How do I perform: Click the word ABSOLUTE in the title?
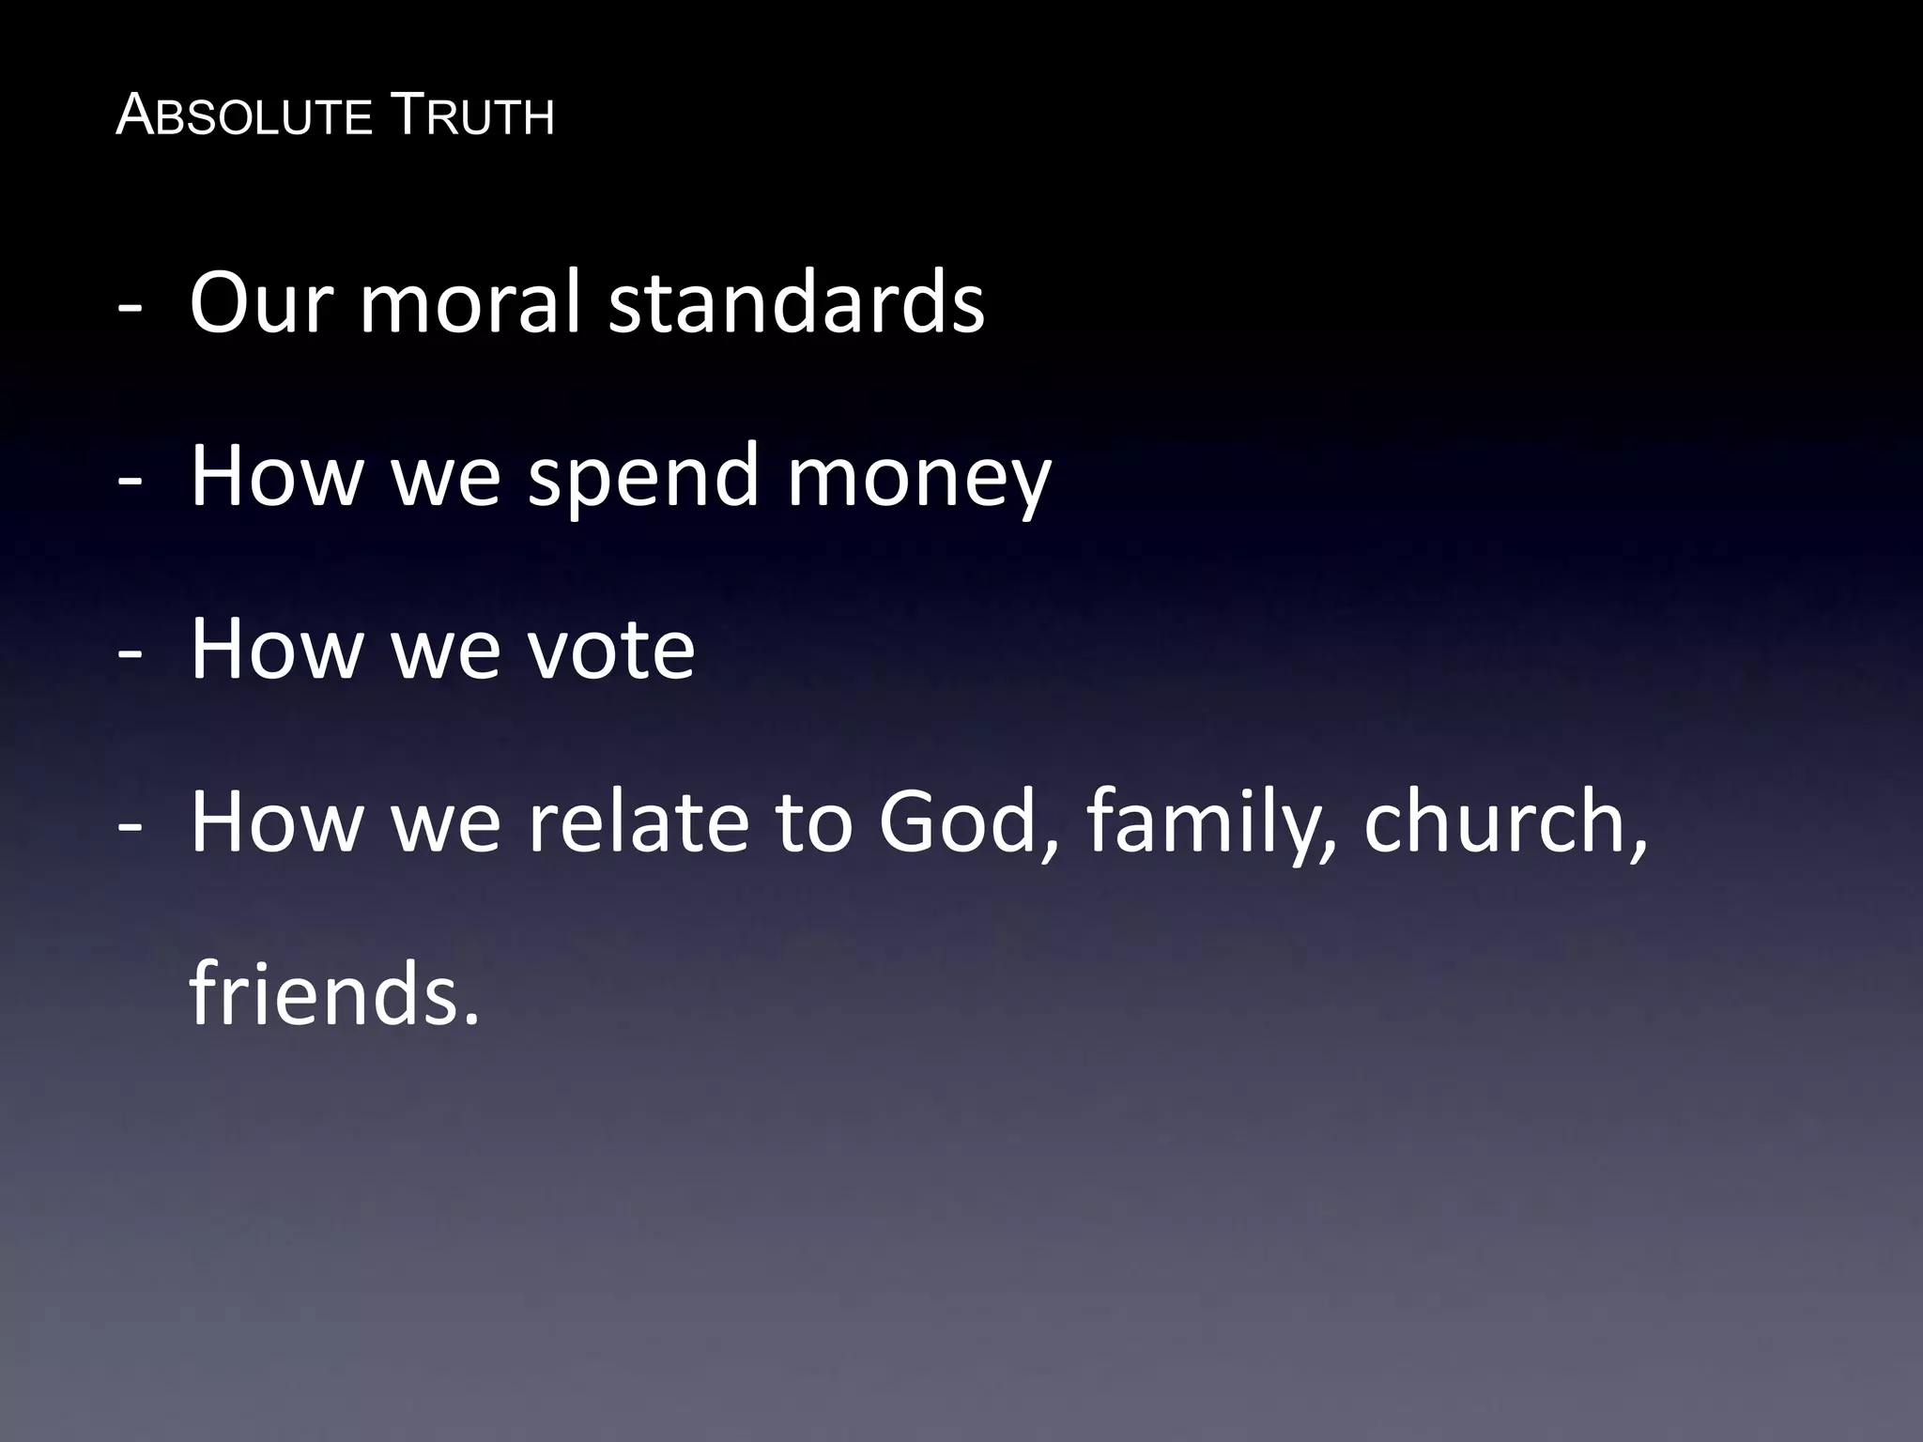(244, 117)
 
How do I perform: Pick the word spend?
(643, 476)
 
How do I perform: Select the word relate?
(638, 821)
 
